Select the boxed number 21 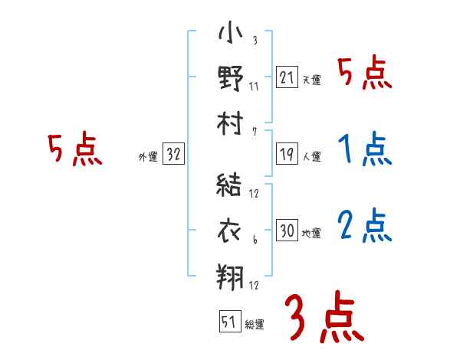pyautogui.click(x=287, y=77)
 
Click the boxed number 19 pyautogui.click(x=287, y=154)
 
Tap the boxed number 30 pyautogui.click(x=287, y=231)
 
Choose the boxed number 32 pyautogui.click(x=173, y=154)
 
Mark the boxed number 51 pyautogui.click(x=228, y=322)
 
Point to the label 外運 pyautogui.click(x=148, y=156)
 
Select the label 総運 pyautogui.click(x=255, y=324)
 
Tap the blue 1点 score pyautogui.click(x=363, y=150)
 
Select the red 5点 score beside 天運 pyautogui.click(x=364, y=74)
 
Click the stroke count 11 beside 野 pyautogui.click(x=254, y=86)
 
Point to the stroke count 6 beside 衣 pyautogui.click(x=254, y=241)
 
